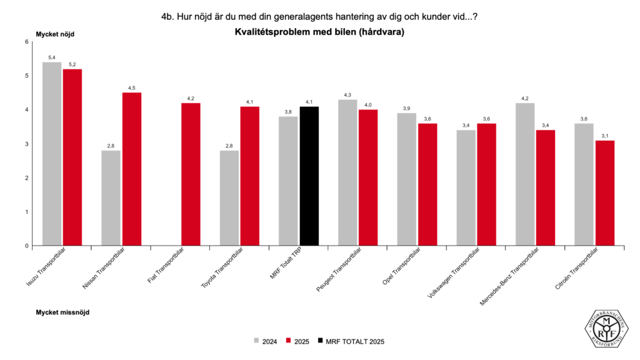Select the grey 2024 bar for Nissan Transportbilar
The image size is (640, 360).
(111, 198)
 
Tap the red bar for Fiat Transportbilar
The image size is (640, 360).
(191, 174)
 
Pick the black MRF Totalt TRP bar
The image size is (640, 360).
(309, 176)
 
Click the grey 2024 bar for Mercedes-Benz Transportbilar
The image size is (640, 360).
(525, 174)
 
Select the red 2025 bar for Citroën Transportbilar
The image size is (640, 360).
(604, 193)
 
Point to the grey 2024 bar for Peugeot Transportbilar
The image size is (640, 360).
(347, 172)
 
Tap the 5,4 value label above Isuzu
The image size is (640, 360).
(52, 57)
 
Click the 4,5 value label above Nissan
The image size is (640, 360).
(132, 87)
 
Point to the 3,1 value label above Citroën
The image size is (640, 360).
(604, 135)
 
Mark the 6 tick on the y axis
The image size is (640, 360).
(26, 42)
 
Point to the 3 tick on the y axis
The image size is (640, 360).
(26, 144)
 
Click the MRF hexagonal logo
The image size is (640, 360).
(606, 326)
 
